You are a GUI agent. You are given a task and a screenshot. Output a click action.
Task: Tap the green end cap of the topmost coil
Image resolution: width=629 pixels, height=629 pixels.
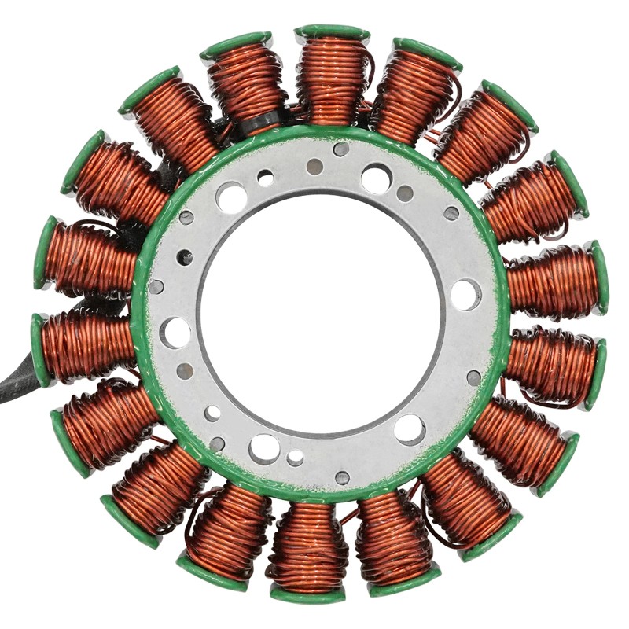tap(332, 32)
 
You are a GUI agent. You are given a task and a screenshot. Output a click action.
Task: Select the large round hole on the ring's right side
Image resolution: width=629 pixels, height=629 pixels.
tap(465, 294)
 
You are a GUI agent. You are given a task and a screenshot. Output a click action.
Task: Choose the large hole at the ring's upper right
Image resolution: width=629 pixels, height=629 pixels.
tap(376, 178)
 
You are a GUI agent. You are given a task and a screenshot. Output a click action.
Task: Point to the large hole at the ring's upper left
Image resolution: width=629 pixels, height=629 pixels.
tap(231, 197)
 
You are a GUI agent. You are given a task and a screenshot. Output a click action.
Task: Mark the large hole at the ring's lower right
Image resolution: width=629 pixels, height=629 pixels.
tap(410, 429)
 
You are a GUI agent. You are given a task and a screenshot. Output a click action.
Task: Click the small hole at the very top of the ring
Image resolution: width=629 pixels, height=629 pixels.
tap(340, 149)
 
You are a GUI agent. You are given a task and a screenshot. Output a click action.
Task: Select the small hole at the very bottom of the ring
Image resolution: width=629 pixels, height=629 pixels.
tap(342, 477)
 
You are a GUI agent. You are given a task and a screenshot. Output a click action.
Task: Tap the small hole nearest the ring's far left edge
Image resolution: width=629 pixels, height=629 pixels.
tap(156, 286)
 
